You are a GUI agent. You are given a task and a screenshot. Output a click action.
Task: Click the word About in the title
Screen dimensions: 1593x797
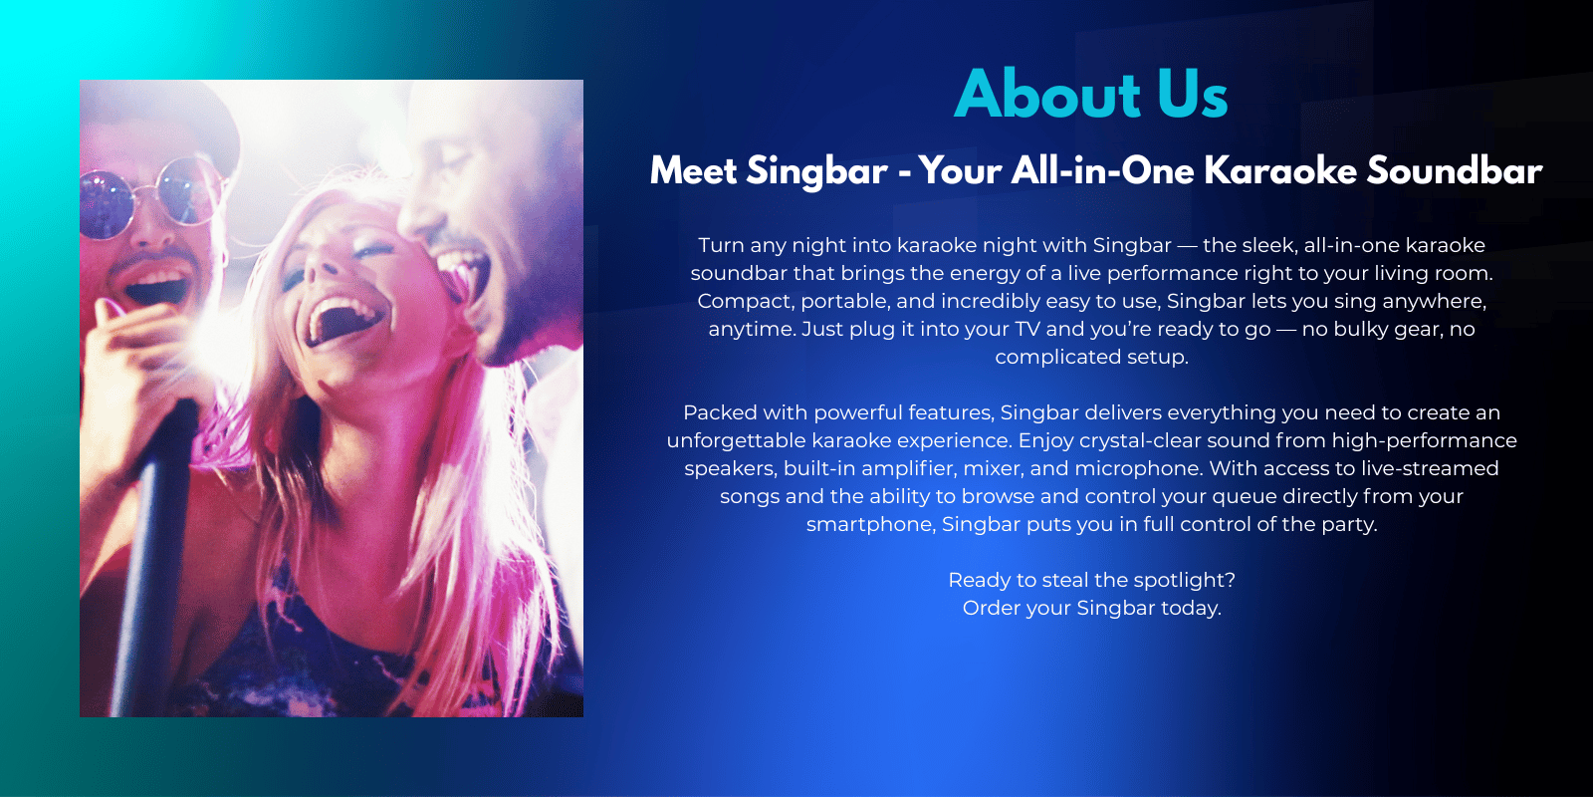pyautogui.click(x=1047, y=94)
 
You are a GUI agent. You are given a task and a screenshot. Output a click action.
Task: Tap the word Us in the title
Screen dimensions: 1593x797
pyautogui.click(x=1193, y=94)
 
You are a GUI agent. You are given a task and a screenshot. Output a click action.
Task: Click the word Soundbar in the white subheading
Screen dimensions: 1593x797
pyautogui.click(x=1455, y=170)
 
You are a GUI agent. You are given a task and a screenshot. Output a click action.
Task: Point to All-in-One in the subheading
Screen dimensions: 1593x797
pyautogui.click(x=1102, y=170)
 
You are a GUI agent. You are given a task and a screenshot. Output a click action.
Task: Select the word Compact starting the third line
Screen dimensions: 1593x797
pyautogui.click(x=746, y=302)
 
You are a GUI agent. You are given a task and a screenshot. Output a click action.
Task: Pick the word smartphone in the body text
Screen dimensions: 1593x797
pyautogui.click(x=870, y=525)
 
